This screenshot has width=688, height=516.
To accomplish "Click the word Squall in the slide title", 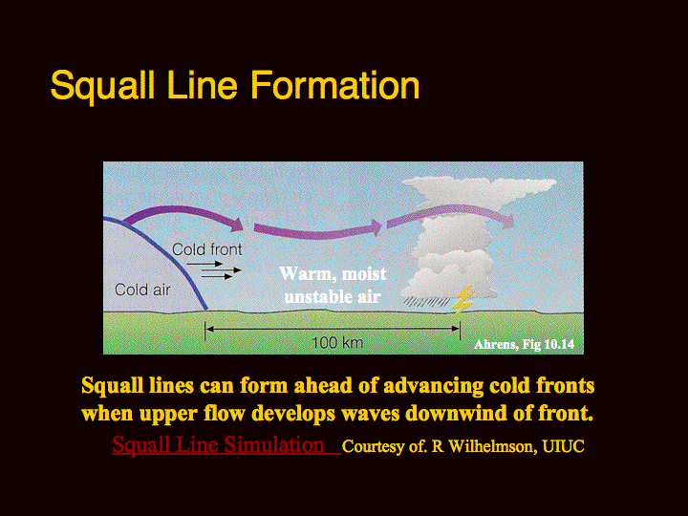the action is coord(102,86).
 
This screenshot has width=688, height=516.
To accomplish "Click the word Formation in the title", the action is coord(335,85).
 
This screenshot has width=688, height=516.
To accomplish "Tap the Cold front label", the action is coord(206,249).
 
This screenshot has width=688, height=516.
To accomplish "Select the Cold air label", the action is coord(142,290).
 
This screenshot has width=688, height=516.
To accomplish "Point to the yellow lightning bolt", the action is coord(462,300).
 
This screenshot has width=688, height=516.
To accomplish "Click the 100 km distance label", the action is coord(337,342).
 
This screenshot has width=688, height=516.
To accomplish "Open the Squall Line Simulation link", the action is coord(218,444).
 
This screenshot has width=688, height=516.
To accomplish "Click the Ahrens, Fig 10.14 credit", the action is coord(524,344).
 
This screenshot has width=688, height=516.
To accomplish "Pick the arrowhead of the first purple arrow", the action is coord(237,225).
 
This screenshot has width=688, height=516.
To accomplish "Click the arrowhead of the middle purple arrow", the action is coord(376,226).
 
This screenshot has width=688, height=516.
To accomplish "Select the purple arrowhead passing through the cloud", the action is coord(508,221).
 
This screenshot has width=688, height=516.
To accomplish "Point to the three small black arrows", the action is coord(214,270).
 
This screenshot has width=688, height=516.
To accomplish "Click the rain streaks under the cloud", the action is coord(426,302).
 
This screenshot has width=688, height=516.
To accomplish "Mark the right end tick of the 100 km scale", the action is coord(460,330).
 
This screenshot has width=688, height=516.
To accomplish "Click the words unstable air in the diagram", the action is coord(333,297).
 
